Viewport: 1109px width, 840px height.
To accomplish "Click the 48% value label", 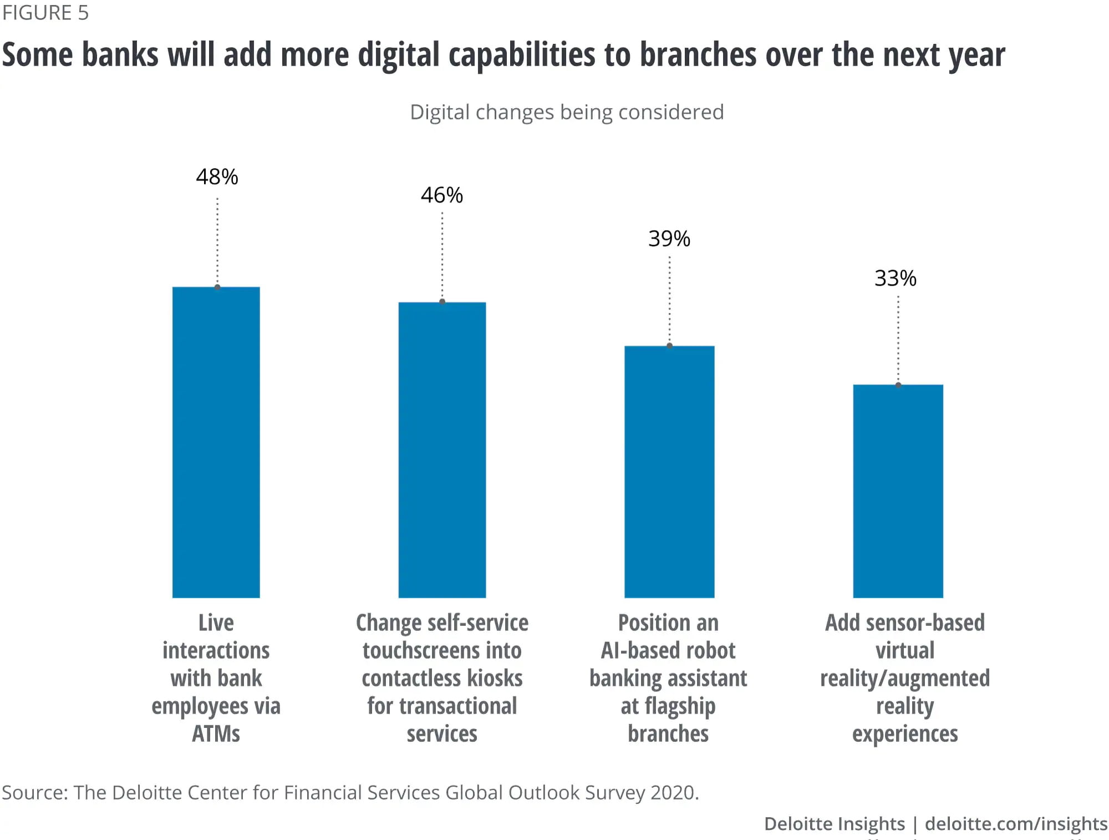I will click(217, 177).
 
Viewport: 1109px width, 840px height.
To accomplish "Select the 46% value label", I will click(441, 195).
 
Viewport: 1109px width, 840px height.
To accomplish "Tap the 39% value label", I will click(669, 239).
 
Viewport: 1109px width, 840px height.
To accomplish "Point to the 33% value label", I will click(895, 279).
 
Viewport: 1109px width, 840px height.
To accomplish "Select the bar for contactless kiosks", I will click(442, 450).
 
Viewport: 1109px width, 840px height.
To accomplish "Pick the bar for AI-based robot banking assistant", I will click(669, 472).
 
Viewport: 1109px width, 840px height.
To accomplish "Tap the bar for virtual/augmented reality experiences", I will click(898, 491).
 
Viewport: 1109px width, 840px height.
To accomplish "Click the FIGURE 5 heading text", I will click(45, 13).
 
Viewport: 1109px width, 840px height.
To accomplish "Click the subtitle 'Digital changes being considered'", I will click(567, 112).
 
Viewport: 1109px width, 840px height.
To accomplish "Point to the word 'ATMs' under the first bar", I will click(216, 734).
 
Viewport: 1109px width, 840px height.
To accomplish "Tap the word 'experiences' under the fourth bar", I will click(905, 734).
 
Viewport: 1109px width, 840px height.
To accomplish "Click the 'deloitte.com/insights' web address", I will click(1016, 824).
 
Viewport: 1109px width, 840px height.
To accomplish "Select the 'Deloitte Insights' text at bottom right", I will click(834, 824).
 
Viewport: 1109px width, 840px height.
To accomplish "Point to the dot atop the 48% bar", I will click(217, 287).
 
